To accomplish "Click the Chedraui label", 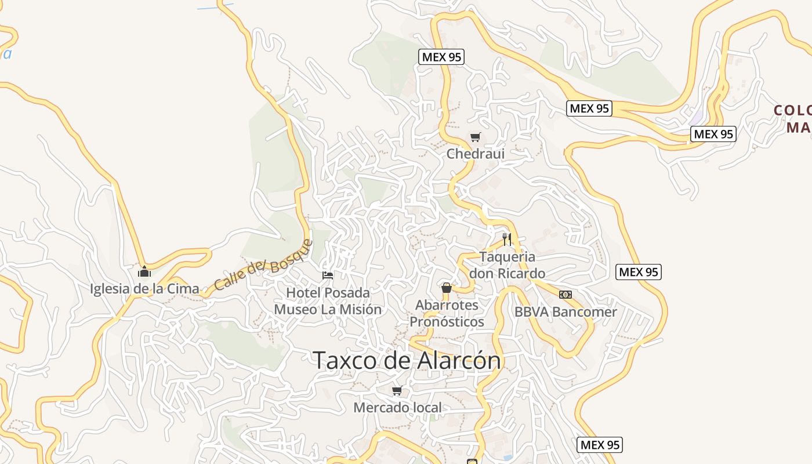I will pos(475,154).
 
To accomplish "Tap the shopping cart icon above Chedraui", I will pos(475,137).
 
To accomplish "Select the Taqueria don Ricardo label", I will pos(507,265).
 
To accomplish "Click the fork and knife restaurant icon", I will pos(507,239).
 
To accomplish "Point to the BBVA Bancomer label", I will pos(565,311).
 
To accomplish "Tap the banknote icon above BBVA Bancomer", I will pos(565,295).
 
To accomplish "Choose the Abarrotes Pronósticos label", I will pos(447,313).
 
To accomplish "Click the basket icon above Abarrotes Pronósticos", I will pos(447,288).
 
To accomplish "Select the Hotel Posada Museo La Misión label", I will pos(328,301).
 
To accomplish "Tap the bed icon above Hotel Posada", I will pos(328,275).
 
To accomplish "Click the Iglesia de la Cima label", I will pos(144,288).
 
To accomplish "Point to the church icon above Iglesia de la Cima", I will pos(144,271).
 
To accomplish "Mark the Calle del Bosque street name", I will pos(263,266).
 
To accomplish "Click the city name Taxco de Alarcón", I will pos(407,360).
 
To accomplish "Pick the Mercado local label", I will pos(397,407).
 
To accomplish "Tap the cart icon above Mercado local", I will pos(397,390).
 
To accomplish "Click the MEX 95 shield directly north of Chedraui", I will pos(442,57).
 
